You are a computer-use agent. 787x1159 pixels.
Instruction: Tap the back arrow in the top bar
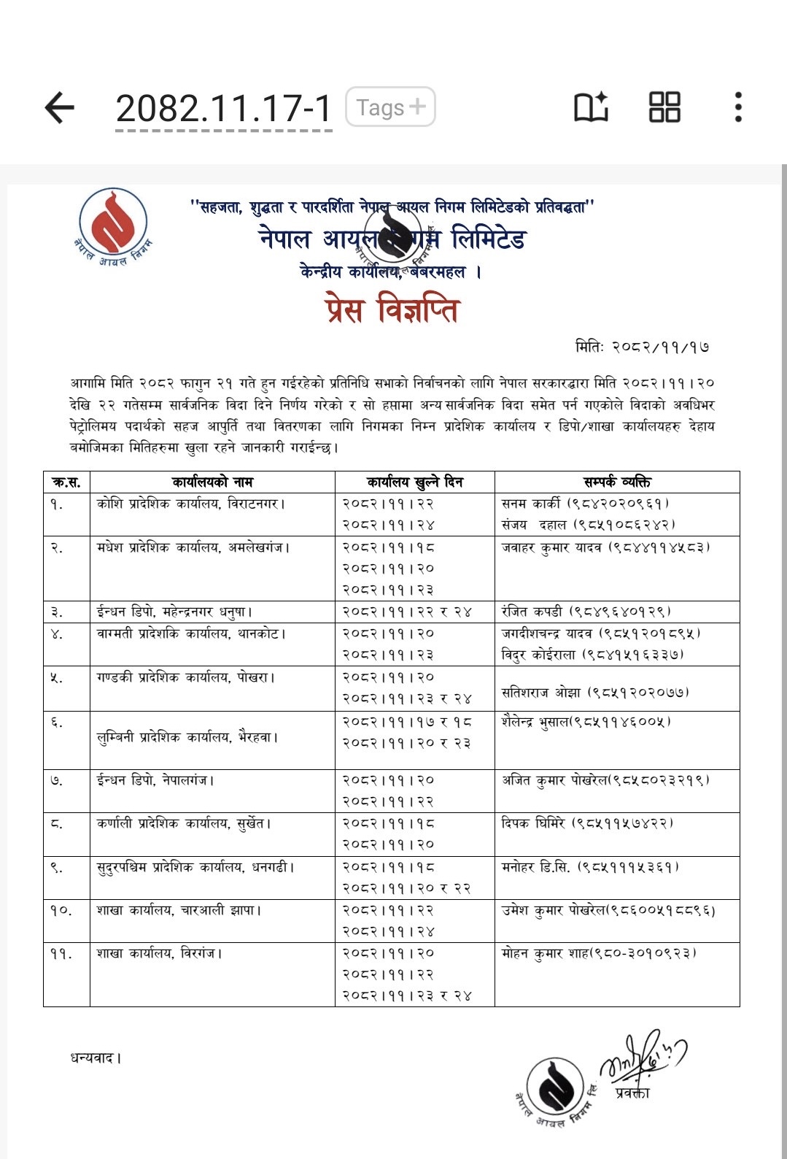click(60, 108)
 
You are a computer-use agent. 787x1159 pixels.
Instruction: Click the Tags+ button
click(390, 107)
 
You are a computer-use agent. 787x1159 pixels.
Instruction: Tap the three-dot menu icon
click(738, 107)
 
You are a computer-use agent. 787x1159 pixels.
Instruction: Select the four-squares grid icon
click(664, 107)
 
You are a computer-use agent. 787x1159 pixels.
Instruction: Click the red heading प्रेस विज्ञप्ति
click(392, 309)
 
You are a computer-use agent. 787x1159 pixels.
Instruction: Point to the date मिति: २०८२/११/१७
click(642, 347)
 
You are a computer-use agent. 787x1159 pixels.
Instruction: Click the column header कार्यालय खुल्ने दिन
click(414, 482)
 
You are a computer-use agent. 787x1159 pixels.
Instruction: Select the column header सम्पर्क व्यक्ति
click(617, 482)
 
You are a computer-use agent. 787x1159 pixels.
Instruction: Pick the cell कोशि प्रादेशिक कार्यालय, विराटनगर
click(191, 504)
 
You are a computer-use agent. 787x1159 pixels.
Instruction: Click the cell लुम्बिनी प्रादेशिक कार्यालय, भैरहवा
click(188, 737)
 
